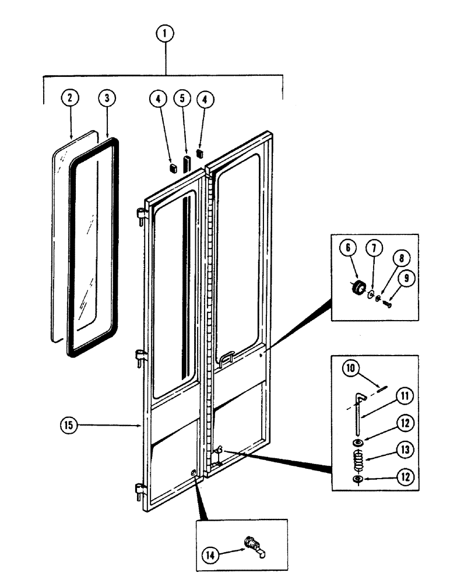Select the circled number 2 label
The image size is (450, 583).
tap(69, 97)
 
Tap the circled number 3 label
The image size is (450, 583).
tap(107, 97)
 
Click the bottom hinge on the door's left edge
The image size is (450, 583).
tap(140, 492)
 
